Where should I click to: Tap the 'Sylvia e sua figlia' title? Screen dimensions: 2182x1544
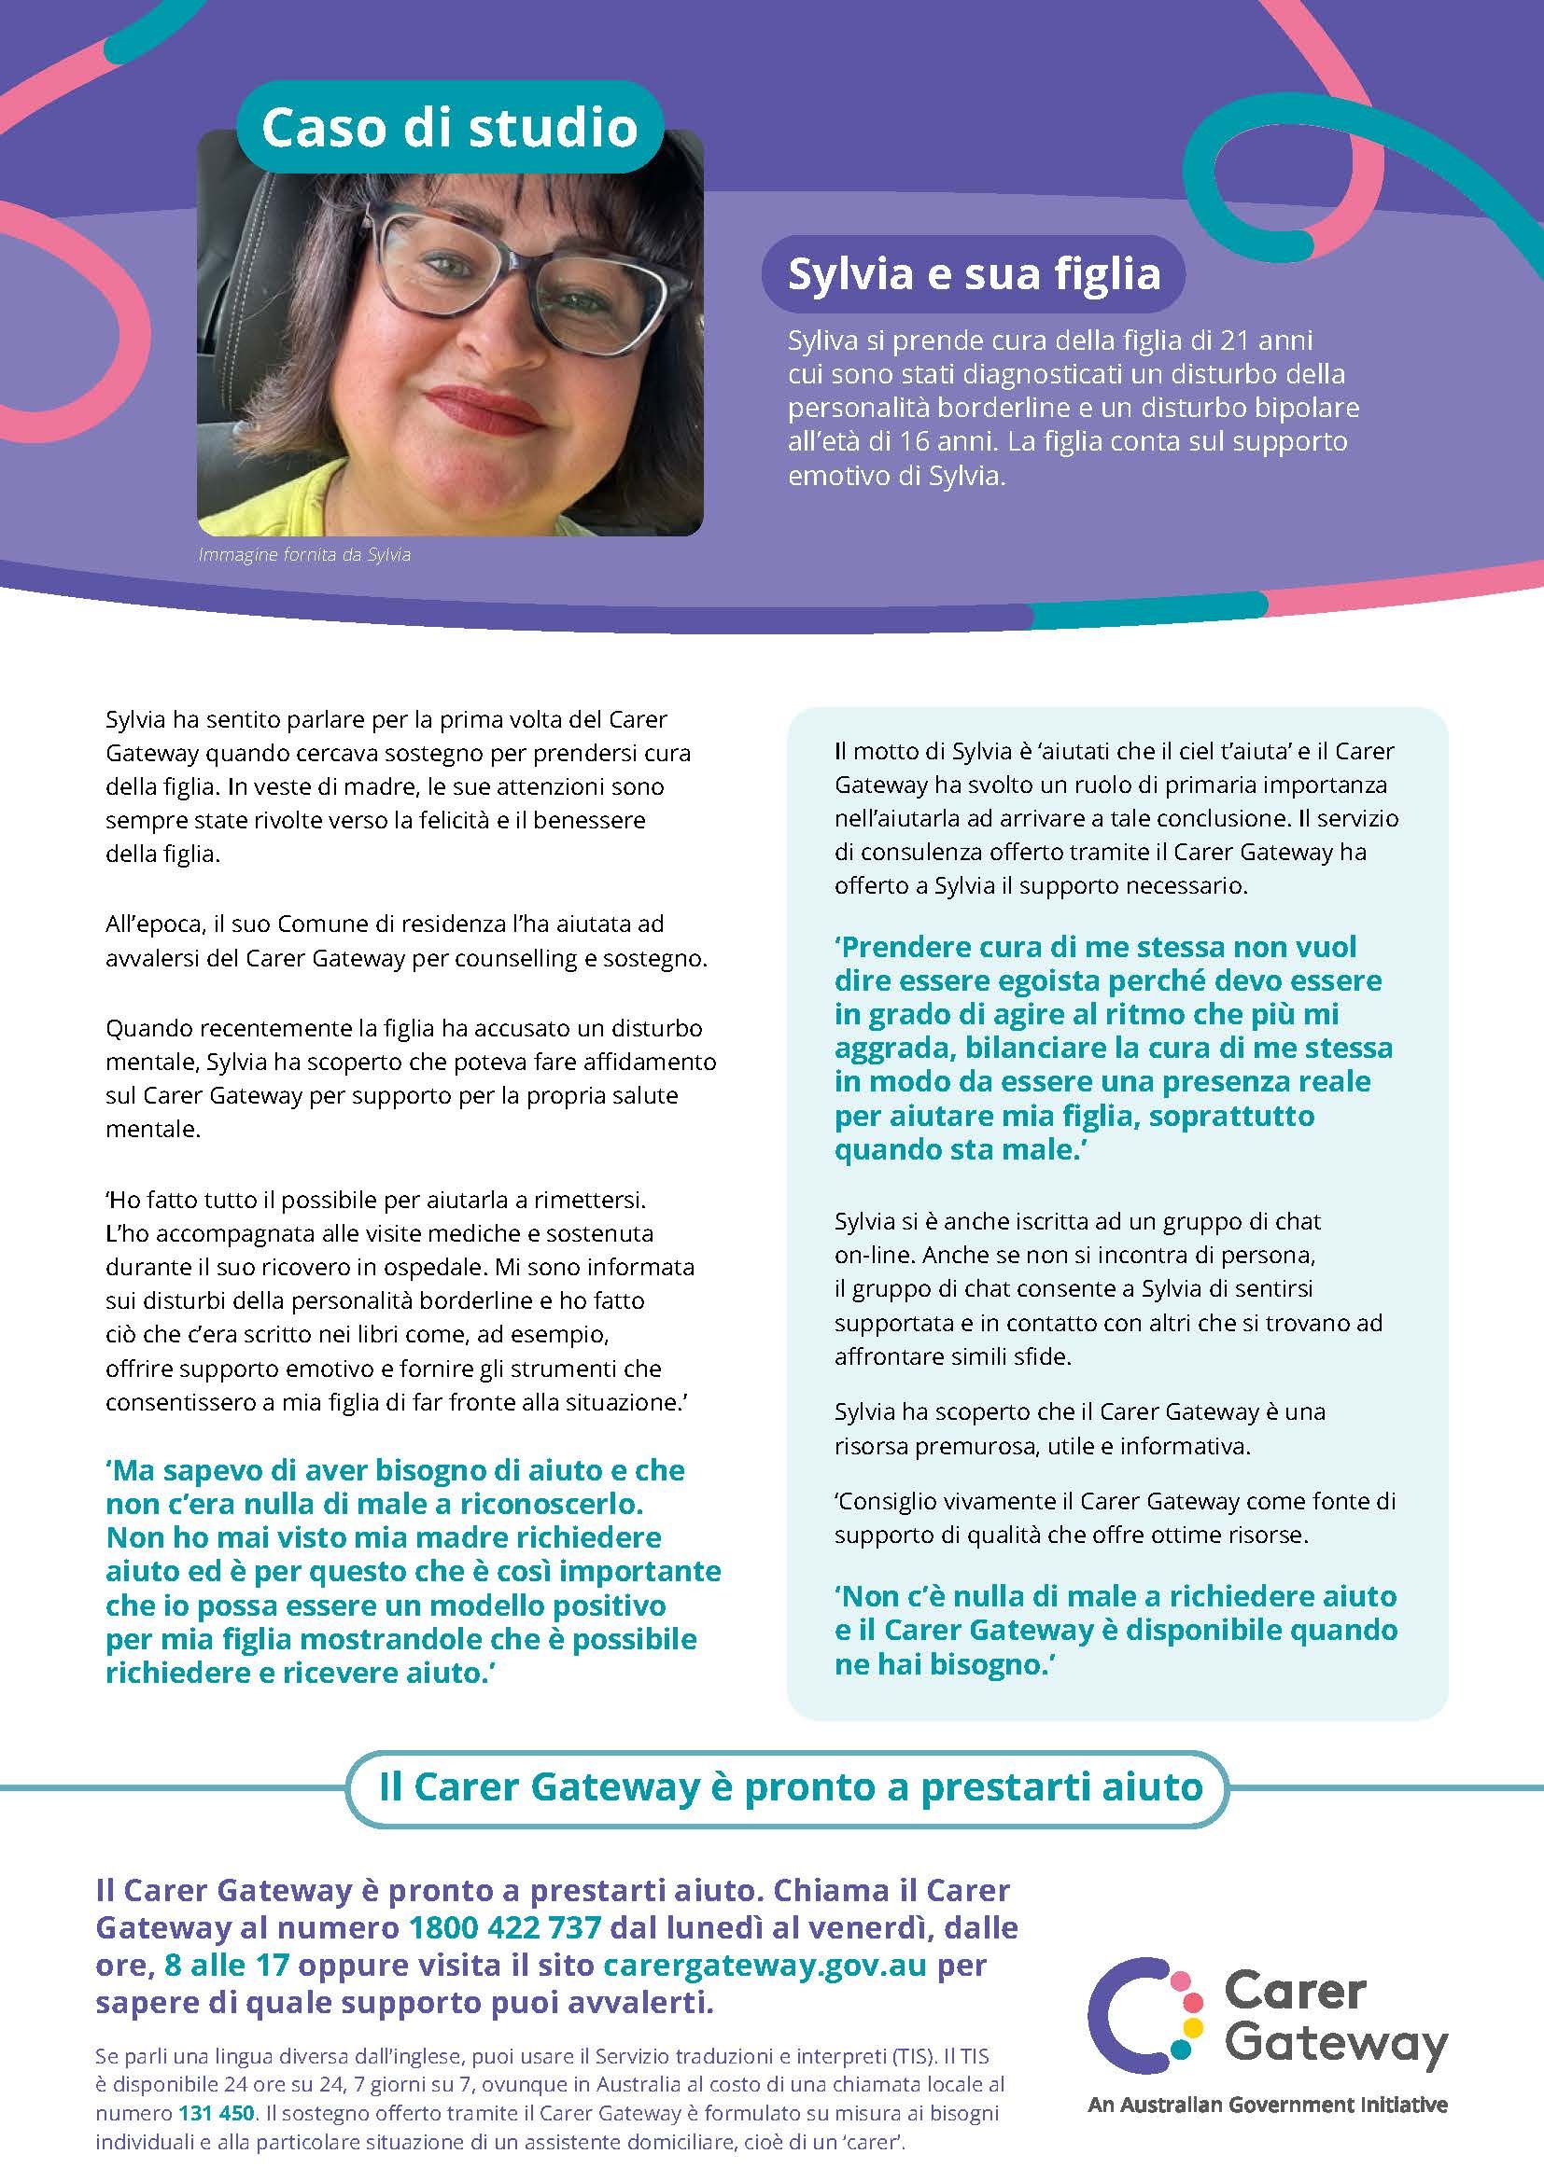point(975,274)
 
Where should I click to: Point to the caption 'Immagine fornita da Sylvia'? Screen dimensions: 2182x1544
point(304,555)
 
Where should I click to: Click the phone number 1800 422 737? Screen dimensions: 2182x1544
point(505,1927)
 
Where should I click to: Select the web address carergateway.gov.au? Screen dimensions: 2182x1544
point(765,1965)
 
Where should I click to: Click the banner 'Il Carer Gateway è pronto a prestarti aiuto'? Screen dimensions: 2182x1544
point(790,1786)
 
